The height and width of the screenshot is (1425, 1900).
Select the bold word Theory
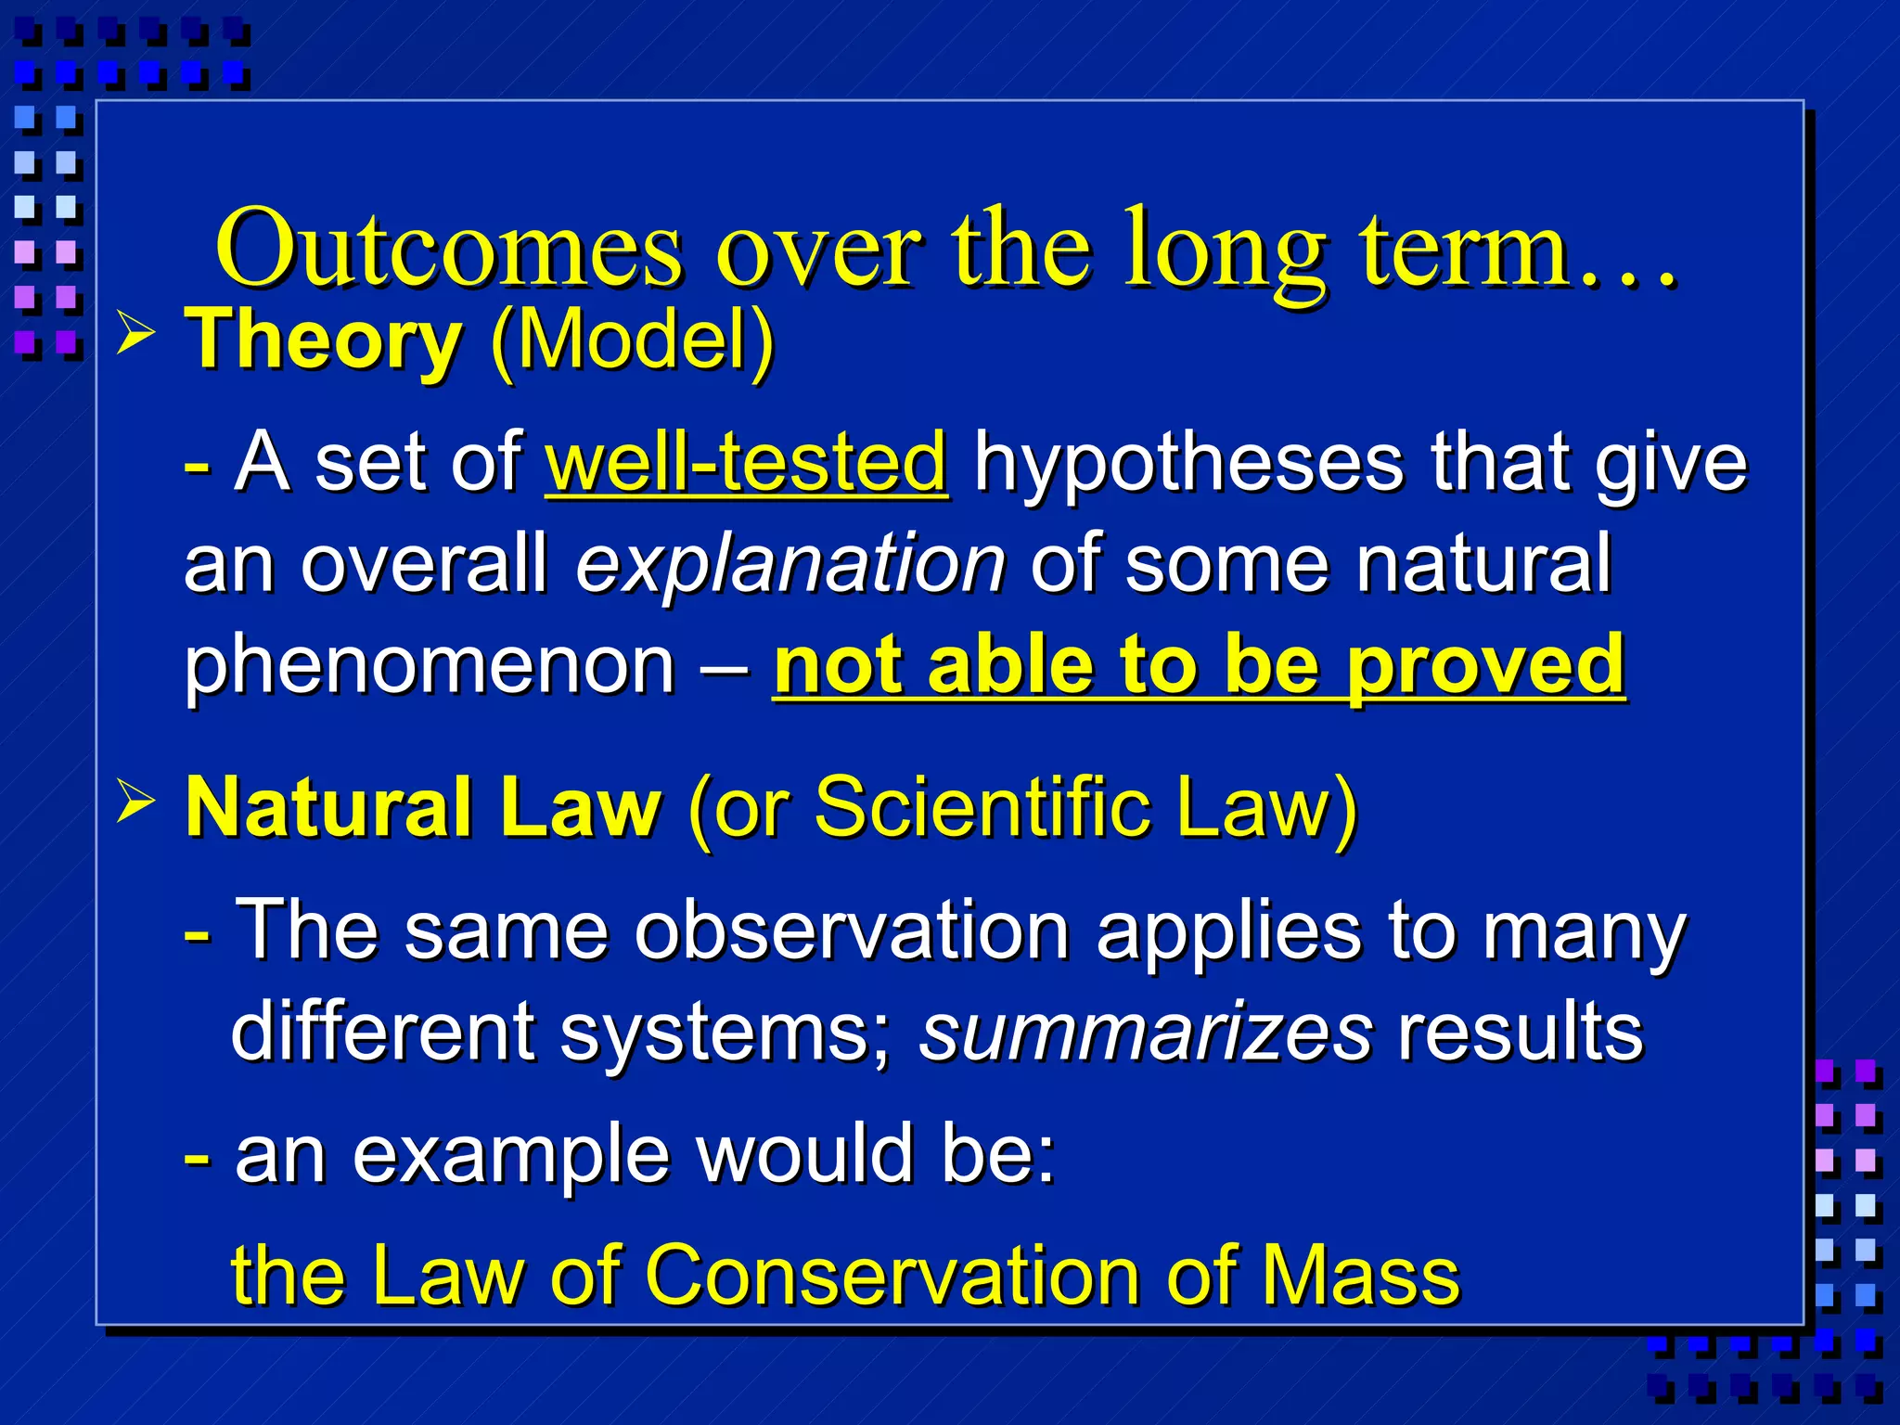(324, 340)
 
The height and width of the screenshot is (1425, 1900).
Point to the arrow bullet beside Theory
(136, 333)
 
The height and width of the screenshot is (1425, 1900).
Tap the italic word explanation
(790, 564)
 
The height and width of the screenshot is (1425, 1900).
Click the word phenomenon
(430, 665)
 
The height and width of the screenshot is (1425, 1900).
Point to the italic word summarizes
(1145, 1033)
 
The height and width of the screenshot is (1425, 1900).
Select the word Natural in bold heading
(328, 806)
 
